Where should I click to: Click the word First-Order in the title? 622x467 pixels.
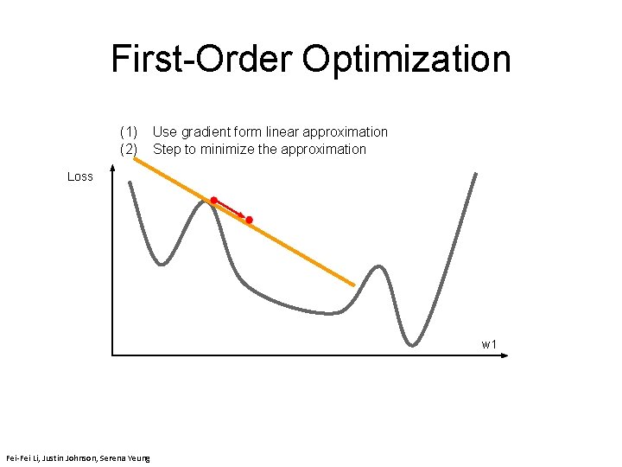click(202, 60)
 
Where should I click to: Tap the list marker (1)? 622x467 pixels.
click(129, 132)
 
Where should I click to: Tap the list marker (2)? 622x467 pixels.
click(129, 150)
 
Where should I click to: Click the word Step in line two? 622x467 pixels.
click(166, 150)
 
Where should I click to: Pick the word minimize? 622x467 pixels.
click(228, 150)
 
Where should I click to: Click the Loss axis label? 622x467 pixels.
click(80, 176)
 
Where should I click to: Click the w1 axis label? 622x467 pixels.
click(489, 345)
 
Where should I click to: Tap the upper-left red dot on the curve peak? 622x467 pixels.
click(213, 200)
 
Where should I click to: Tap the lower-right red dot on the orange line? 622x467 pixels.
click(249, 221)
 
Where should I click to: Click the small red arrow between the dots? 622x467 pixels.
click(232, 210)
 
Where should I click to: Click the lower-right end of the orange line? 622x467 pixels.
click(353, 285)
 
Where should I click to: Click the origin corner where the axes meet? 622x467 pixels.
click(112, 355)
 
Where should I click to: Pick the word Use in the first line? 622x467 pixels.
click(164, 132)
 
